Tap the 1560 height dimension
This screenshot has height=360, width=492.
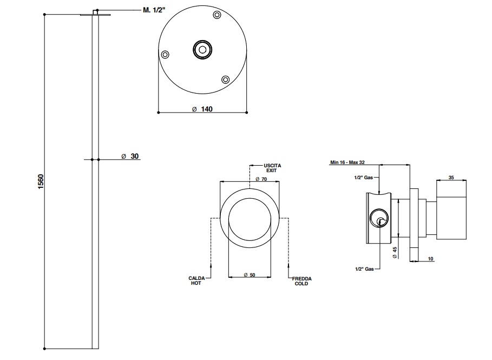tap(40, 181)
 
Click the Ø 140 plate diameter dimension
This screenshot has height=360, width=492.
tap(202, 109)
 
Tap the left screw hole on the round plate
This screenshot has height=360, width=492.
tap(166, 54)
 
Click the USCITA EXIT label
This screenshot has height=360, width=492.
tap(271, 167)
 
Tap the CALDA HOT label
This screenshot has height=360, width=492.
tap(195, 280)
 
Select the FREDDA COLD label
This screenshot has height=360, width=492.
tap(301, 280)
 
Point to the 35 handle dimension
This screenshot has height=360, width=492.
tap(451, 177)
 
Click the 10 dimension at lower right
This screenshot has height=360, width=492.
tap(431, 259)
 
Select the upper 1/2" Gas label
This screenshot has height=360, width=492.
tap(364, 178)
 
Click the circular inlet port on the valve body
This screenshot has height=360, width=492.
tap(378, 219)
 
